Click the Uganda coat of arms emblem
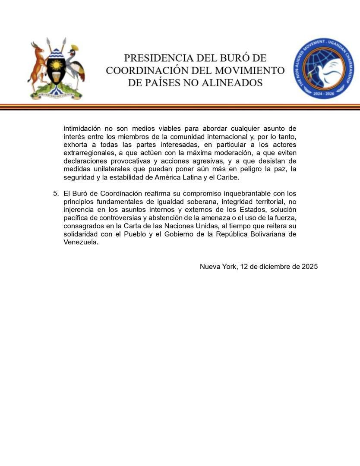[56, 69]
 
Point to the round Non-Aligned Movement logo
[324, 68]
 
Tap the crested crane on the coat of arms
[76, 65]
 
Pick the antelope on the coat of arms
[38, 65]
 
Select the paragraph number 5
[55, 193]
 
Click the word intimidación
[82, 129]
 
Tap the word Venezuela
[80, 242]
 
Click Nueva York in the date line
[218, 267]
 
